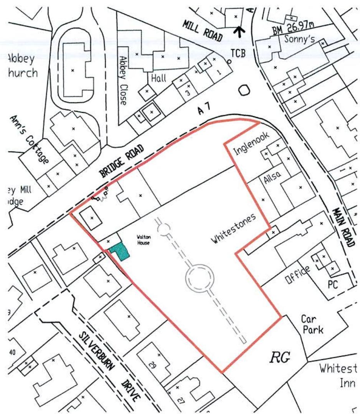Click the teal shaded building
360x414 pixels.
pyautogui.click(x=120, y=252)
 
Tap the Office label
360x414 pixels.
pyautogui.click(x=297, y=275)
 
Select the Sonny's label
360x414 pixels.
pyautogui.click(x=296, y=40)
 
